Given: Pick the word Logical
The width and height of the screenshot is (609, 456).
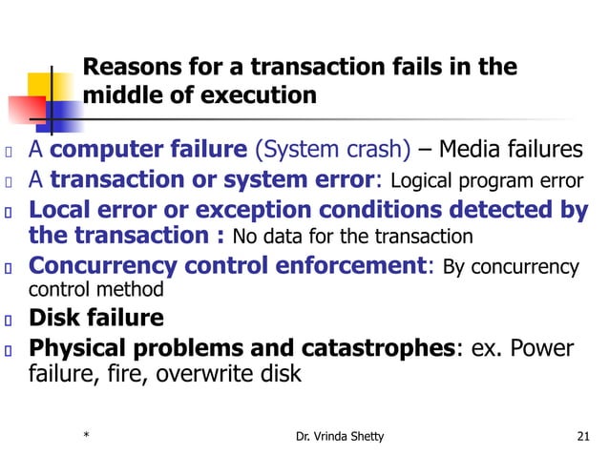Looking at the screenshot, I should coord(423,181).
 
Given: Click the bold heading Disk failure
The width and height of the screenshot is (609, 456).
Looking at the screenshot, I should coord(95,318).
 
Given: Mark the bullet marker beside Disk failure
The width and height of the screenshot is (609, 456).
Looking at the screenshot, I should coord(8,319).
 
